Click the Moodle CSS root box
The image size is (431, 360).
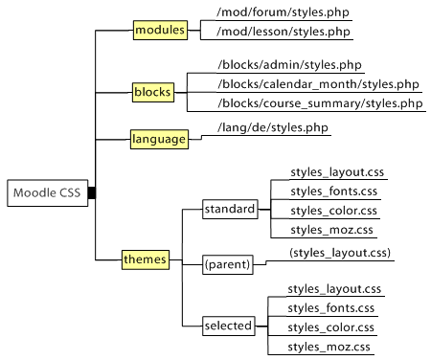[x=46, y=193]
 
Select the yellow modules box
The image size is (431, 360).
[x=160, y=31]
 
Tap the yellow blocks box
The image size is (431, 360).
[x=152, y=93]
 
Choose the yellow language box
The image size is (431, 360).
[x=158, y=139]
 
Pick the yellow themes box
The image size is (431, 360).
[x=146, y=259]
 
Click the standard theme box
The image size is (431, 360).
[x=230, y=209]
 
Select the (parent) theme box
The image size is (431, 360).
[x=227, y=263]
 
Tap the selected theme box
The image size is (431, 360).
[x=228, y=326]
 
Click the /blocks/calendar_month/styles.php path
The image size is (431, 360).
[x=319, y=84]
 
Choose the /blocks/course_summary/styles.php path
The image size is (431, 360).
[x=320, y=103]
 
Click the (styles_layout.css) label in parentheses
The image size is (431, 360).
[x=341, y=253]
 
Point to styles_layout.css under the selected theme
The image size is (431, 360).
[x=334, y=288]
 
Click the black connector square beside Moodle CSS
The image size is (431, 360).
[x=92, y=193]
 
